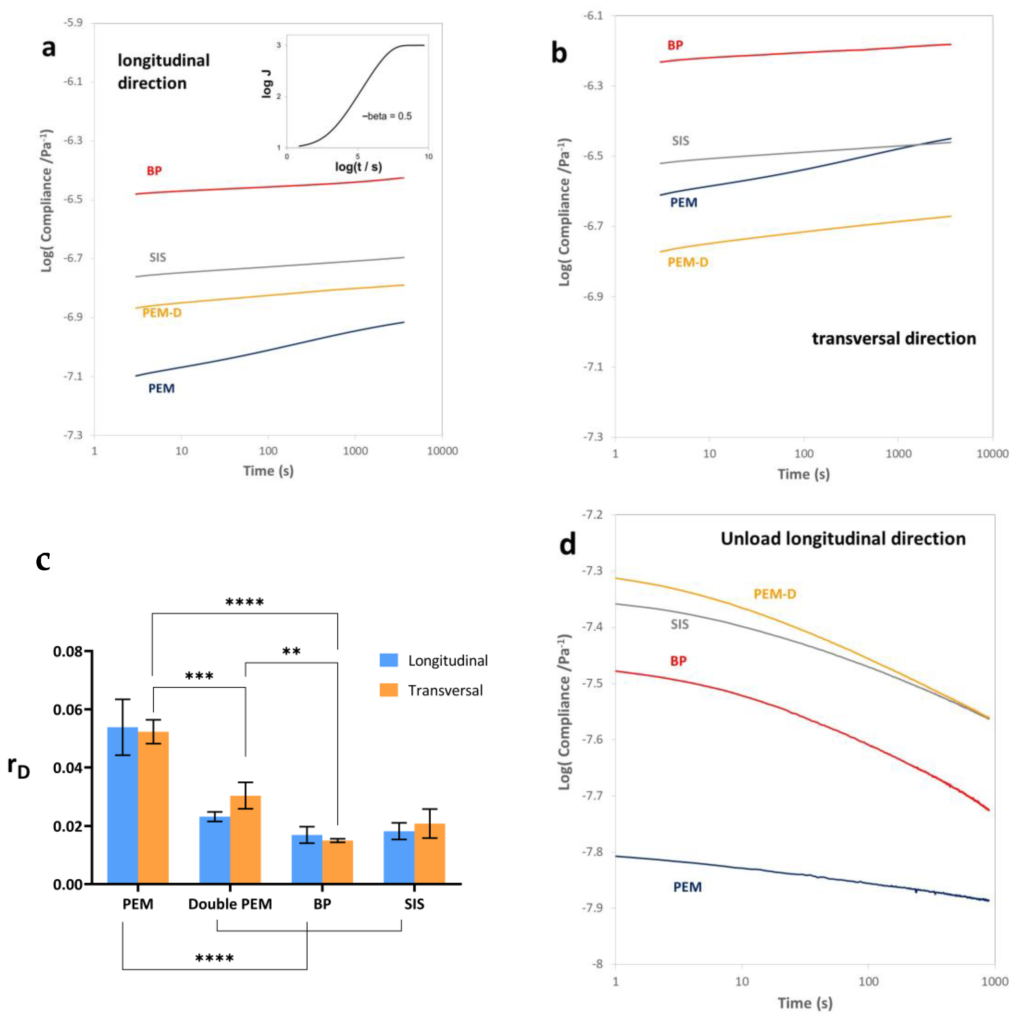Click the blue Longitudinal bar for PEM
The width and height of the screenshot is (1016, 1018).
[122, 806]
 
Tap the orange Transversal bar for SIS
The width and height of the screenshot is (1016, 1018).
[430, 853]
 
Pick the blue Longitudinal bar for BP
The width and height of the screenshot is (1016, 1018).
[307, 859]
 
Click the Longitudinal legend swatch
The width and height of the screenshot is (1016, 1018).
[389, 660]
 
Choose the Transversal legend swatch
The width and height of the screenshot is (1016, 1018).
[389, 690]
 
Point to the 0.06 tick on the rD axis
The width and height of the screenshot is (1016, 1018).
[68, 710]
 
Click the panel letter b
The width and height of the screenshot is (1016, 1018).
[559, 53]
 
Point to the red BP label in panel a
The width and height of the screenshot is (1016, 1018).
[154, 171]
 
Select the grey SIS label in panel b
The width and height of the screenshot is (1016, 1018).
[680, 141]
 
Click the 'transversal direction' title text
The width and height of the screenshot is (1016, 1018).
[894, 338]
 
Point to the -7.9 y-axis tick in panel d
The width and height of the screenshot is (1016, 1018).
[593, 908]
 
